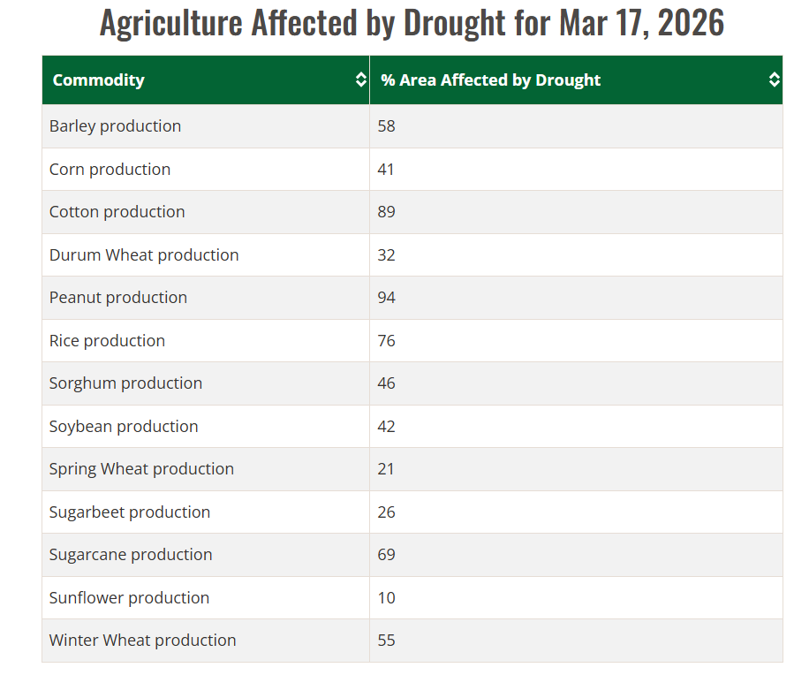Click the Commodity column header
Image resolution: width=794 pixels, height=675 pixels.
[x=98, y=80]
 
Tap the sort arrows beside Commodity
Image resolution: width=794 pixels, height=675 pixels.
[x=360, y=80]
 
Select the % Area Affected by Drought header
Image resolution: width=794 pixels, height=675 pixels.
[x=490, y=80]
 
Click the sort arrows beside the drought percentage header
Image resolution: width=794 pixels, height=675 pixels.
[x=774, y=80]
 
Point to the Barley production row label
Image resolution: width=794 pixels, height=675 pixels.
[x=115, y=126]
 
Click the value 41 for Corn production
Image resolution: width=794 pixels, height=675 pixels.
[x=386, y=170]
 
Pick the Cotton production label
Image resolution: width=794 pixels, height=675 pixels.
[x=117, y=212]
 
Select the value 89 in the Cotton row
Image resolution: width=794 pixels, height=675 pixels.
[x=386, y=212]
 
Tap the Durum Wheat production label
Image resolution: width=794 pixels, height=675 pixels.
[x=144, y=255]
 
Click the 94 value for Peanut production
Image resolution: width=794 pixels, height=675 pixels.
[x=386, y=298]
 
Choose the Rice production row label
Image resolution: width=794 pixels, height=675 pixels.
[x=107, y=341]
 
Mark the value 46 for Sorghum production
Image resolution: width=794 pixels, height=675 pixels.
[x=386, y=383]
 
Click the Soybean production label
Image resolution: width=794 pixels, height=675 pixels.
[x=124, y=427]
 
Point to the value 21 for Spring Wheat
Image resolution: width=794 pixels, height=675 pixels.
[x=386, y=469]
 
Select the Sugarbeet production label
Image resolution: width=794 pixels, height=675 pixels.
[x=130, y=512]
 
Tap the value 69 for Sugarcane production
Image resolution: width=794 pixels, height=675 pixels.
[x=386, y=555]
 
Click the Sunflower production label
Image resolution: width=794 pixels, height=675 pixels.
[x=129, y=598]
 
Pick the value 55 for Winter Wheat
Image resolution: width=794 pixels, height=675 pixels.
[x=386, y=641]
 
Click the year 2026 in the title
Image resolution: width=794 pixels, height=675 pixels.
[x=691, y=23]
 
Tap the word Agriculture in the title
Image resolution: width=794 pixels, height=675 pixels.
[x=170, y=23]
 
